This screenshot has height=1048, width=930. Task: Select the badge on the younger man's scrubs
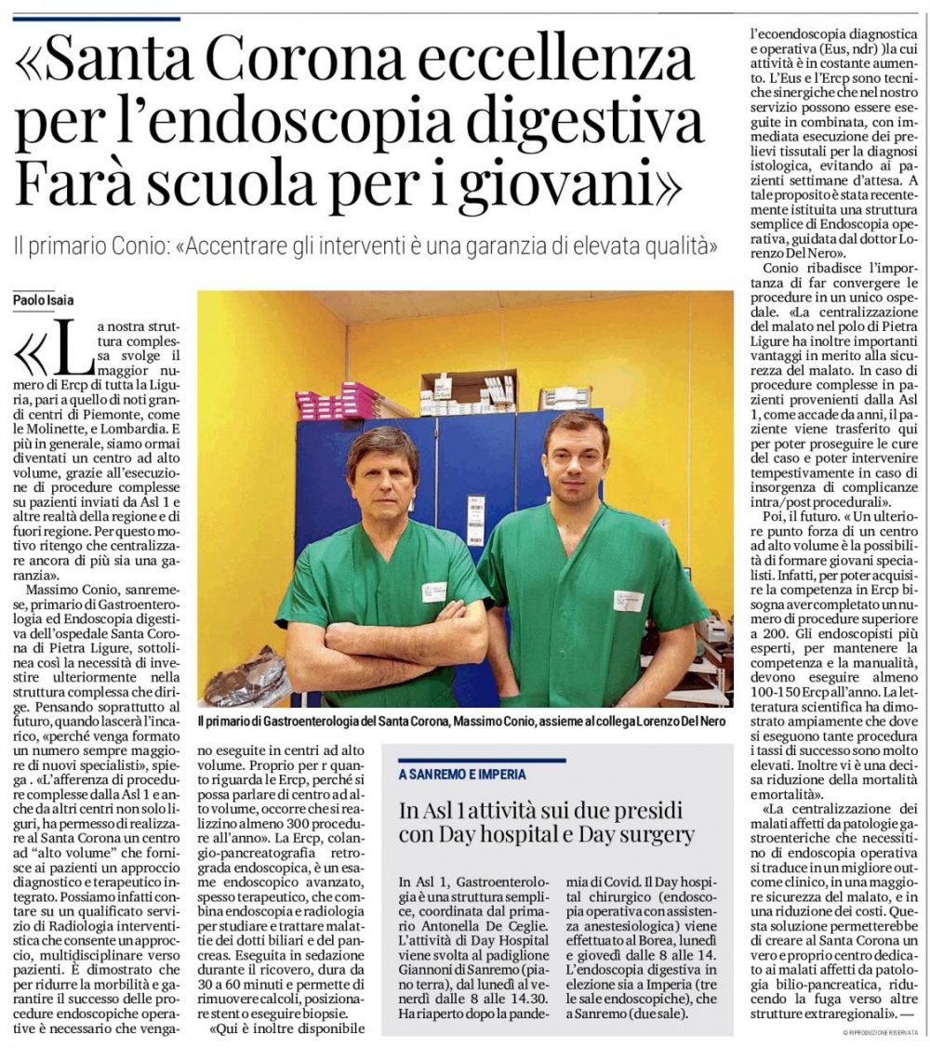[628, 601]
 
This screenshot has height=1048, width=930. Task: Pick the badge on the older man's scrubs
[434, 590]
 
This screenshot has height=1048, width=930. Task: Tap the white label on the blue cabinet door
[475, 519]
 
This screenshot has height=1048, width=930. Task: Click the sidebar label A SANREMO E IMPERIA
[462, 774]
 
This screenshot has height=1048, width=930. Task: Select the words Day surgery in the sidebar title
[636, 833]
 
